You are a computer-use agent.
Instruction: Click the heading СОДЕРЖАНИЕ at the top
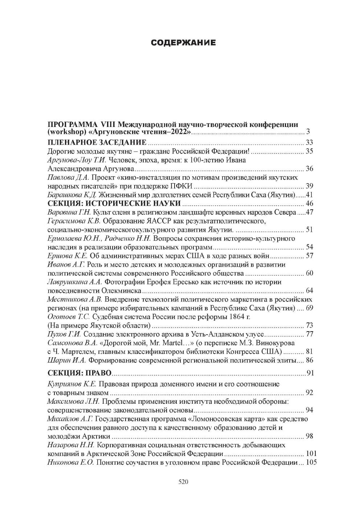(183, 43)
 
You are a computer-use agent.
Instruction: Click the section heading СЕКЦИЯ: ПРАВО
(79, 373)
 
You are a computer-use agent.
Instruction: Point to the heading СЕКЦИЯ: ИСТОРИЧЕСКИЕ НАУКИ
(114, 203)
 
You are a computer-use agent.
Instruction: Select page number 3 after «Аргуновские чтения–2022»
(308, 132)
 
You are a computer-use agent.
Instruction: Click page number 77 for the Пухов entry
(309, 334)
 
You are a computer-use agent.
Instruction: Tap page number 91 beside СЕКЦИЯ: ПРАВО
(310, 373)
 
